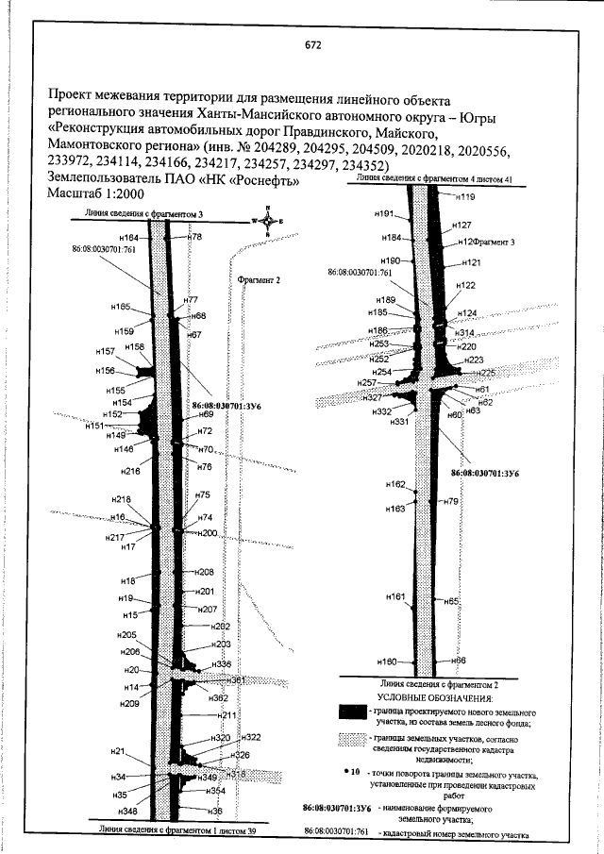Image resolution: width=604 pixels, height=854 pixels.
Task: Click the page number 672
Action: (313, 44)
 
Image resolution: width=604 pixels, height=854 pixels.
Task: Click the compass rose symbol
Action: (268, 221)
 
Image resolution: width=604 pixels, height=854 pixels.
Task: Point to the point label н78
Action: (195, 237)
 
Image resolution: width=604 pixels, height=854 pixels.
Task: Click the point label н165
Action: (120, 307)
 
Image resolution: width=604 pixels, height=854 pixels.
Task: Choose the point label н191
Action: (382, 215)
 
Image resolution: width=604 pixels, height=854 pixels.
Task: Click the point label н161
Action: (395, 596)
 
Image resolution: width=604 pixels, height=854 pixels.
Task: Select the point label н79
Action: (450, 502)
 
